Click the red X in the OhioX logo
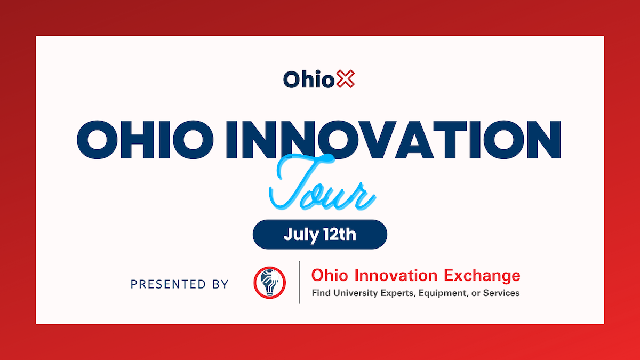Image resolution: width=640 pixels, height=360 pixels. coord(346,79)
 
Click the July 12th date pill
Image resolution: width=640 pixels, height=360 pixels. coord(319,235)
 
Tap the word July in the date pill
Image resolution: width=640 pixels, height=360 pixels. coord(301,235)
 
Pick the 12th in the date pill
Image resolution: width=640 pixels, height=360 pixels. coord(340,234)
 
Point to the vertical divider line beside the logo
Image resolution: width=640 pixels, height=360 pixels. coord(299,283)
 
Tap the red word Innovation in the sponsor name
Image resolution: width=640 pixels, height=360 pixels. coord(396,276)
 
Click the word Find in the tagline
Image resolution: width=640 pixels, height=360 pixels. coord(321,293)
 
